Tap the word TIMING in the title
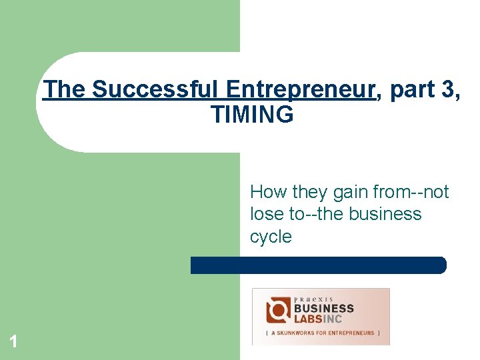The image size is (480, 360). (x=252, y=115)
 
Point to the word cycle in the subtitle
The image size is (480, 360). (x=271, y=237)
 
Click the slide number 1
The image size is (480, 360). (x=13, y=343)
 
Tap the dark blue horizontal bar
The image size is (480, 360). (x=318, y=265)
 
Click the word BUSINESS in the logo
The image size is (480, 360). (x=324, y=309)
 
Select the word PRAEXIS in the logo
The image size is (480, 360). (x=313, y=299)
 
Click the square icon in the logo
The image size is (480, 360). (x=277, y=311)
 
